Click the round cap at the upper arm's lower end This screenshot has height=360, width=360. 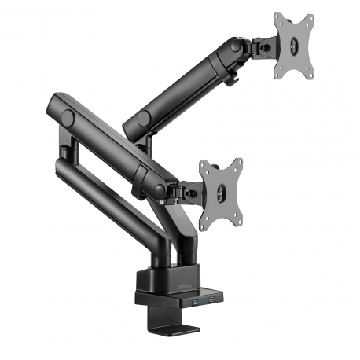tap(143, 119)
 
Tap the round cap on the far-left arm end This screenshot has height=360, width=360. tap(68, 116)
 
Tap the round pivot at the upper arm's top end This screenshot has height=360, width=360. tap(233, 49)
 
